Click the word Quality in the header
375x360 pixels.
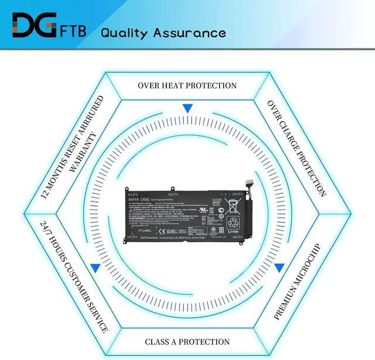pos(124,32)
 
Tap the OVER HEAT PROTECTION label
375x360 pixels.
pos(187,85)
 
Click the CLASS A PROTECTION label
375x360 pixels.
pos(187,341)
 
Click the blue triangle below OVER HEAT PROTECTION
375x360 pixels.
pos(187,108)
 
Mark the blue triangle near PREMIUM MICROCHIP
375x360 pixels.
pos(279,267)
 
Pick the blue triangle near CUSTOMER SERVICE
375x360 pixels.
pos(95,268)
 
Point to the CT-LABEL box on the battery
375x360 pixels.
pos(146,231)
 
